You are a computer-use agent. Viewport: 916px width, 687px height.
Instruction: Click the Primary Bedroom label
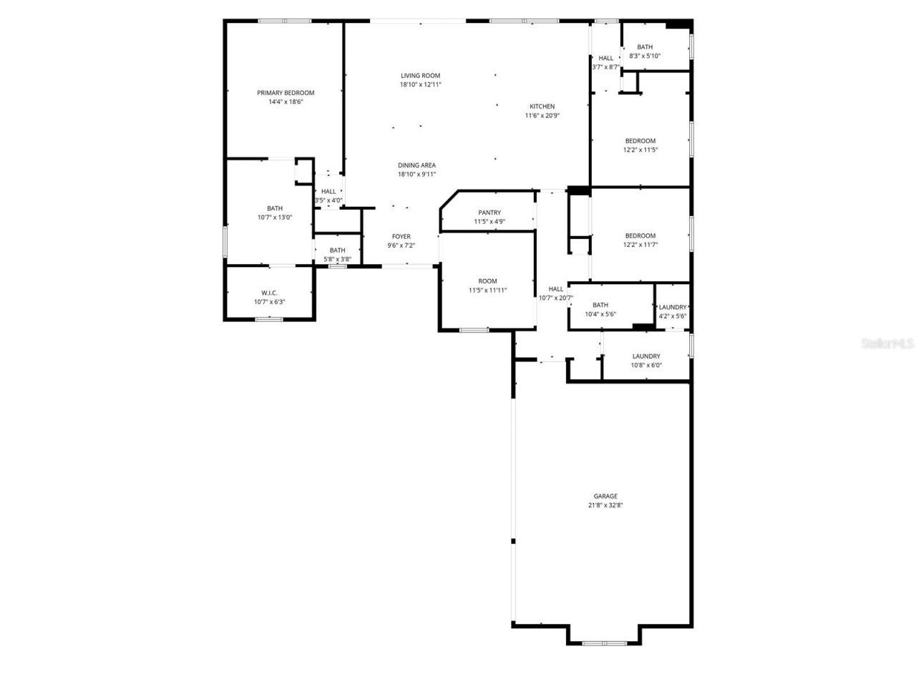pos(286,93)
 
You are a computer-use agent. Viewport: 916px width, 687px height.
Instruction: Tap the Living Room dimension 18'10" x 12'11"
pos(420,84)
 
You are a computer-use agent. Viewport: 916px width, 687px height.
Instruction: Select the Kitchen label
pos(542,107)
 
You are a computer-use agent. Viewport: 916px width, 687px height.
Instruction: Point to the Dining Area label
pos(417,165)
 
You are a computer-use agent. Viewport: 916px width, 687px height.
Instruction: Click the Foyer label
pos(401,237)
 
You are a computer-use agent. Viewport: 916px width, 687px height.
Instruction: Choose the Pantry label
pos(489,213)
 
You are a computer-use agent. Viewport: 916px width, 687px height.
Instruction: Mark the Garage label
pos(605,496)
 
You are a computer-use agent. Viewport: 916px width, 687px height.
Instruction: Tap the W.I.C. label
pos(269,293)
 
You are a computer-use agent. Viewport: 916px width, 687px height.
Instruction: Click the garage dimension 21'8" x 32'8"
pos(605,505)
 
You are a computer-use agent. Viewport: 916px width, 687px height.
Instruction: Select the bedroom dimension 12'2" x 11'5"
pos(640,150)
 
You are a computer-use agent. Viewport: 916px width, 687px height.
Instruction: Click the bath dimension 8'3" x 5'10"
pos(645,56)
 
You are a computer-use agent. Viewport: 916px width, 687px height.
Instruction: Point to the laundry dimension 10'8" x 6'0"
pos(646,365)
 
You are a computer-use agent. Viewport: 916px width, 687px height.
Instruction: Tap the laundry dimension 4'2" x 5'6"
pos(673,316)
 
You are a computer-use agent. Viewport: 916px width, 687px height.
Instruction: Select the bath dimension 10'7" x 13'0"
pos(275,218)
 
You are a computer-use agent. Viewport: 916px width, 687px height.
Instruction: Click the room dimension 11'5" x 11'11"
pos(487,291)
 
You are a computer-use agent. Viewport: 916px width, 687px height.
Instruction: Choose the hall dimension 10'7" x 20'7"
pos(556,298)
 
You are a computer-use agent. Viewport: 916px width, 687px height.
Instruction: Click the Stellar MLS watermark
pos(887,343)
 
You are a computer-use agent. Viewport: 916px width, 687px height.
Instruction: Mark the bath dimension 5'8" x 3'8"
pos(337,259)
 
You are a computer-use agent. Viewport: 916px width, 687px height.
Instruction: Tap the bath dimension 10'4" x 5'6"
pos(600,314)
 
